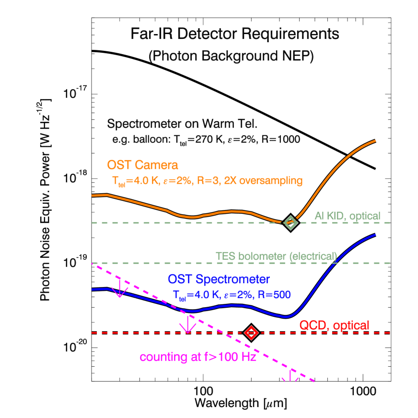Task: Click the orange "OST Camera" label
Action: (142, 165)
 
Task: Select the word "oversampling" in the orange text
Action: (271, 181)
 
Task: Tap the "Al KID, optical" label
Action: (347, 216)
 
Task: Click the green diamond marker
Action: (290, 222)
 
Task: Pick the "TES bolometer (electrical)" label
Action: (276, 256)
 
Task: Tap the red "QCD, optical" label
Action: (334, 325)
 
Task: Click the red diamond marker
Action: (251, 333)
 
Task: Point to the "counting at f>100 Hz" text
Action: (198, 357)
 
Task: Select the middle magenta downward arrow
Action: (187, 325)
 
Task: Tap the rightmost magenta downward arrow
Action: (290, 376)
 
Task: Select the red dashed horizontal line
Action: (144, 333)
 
